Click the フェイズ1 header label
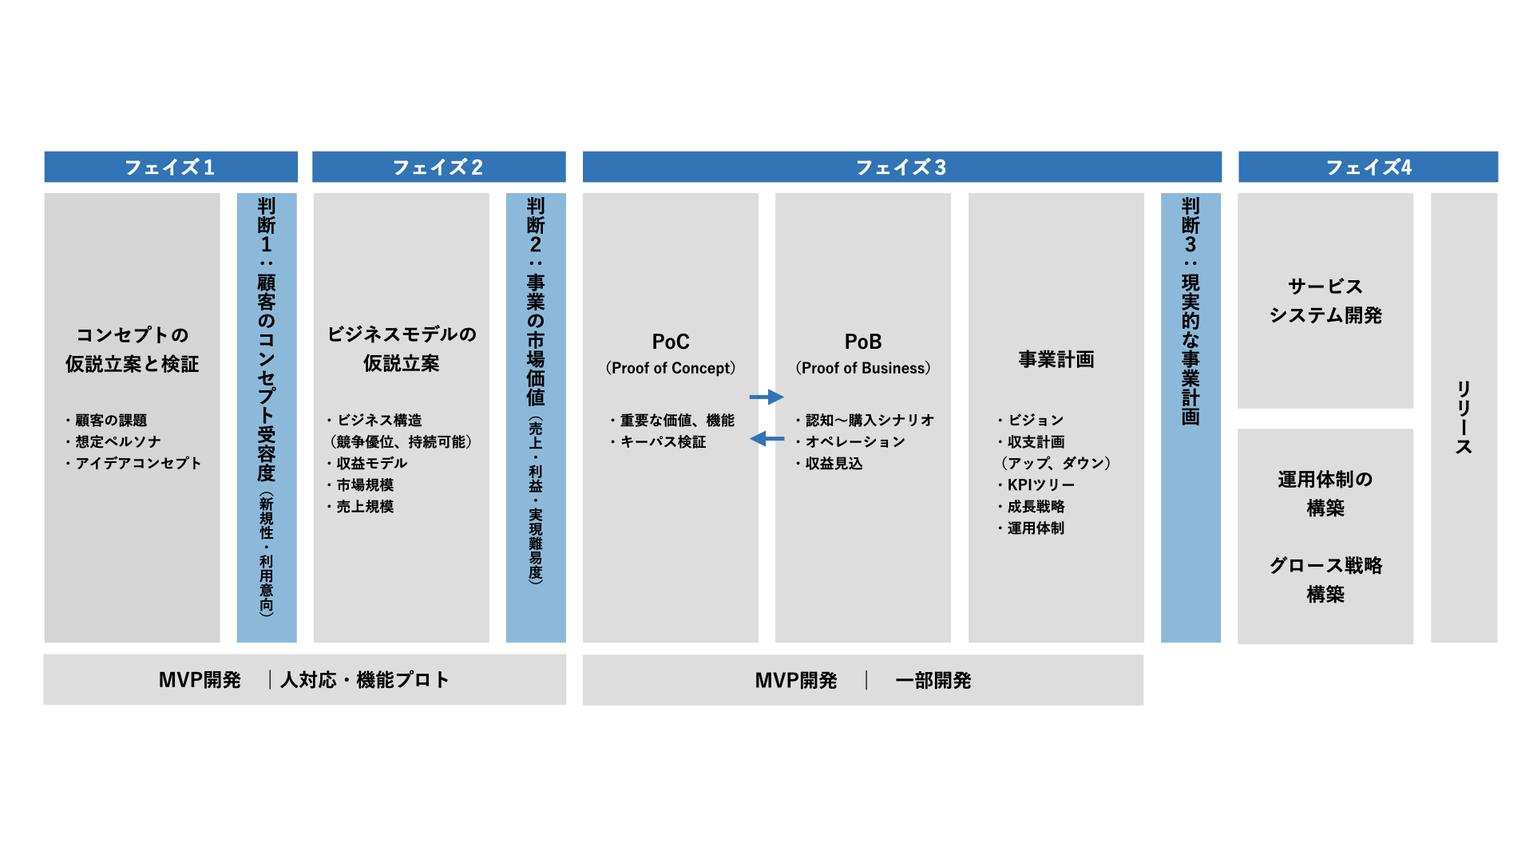[x=170, y=168]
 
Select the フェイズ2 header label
[x=438, y=168]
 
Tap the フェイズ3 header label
[x=901, y=168]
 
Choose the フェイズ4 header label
[x=1369, y=168]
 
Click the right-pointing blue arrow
[x=766, y=397]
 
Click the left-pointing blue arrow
[x=766, y=439]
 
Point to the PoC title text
[x=671, y=342]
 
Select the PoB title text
[x=863, y=342]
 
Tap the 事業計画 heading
[x=1056, y=360]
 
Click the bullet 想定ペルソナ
[x=117, y=442]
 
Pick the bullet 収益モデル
[x=371, y=464]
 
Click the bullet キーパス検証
[x=663, y=442]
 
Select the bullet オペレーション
[x=854, y=442]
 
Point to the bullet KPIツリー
[x=1040, y=485]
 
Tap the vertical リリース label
[x=1464, y=417]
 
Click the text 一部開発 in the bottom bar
[x=933, y=681]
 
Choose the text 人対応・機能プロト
[x=365, y=680]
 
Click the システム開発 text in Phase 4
[x=1325, y=316]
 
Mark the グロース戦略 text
[x=1325, y=566]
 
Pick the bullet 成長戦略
[x=1036, y=507]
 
